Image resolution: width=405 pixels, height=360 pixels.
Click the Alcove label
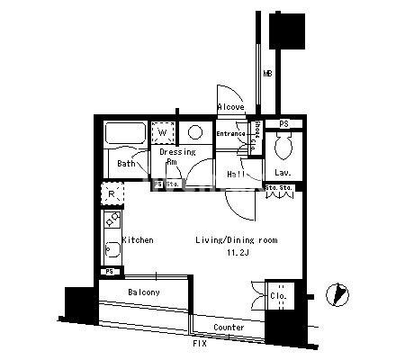(231, 107)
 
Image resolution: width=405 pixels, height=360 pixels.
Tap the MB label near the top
(267, 74)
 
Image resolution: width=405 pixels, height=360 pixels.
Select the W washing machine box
(162, 133)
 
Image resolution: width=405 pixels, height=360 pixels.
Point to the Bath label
(126, 164)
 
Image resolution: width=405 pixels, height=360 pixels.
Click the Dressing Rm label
(177, 157)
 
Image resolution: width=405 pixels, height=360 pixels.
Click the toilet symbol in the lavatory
(282, 144)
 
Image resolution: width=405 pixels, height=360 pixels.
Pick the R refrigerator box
(111, 194)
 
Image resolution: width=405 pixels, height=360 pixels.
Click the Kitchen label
(138, 240)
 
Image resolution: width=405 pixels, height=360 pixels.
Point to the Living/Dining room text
(237, 240)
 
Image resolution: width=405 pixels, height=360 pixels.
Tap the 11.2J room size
(237, 255)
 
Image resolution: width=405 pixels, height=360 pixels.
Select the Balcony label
(144, 293)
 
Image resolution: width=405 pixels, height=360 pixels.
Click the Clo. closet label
(277, 295)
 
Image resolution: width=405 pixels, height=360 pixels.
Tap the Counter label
(229, 328)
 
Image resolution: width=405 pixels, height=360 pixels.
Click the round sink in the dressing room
(195, 133)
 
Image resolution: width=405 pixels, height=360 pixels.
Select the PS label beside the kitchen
(110, 271)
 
